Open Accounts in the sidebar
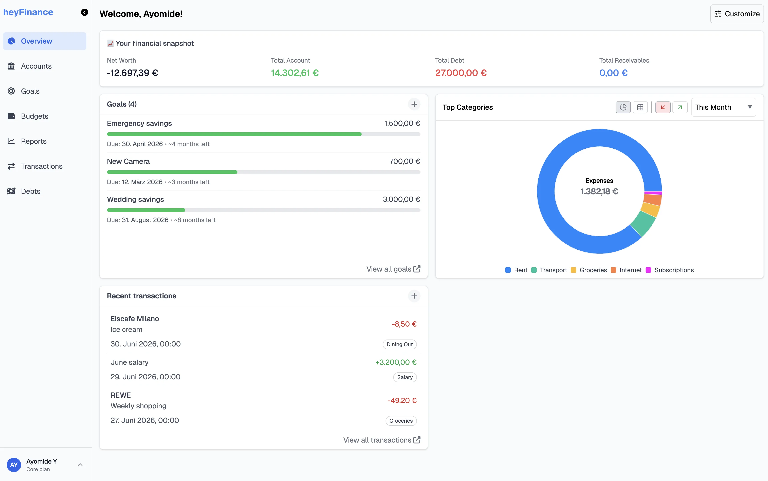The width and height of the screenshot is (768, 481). (x=36, y=66)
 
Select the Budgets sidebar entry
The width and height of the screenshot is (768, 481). (x=34, y=116)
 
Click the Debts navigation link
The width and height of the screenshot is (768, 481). (x=31, y=191)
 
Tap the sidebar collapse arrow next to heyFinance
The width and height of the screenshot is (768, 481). (x=84, y=13)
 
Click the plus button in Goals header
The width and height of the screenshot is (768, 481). (x=414, y=104)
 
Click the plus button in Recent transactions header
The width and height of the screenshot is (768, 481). (x=414, y=296)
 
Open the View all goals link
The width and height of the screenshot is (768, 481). (x=393, y=269)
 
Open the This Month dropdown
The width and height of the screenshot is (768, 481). (x=723, y=108)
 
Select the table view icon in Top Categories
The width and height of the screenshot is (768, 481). (x=640, y=108)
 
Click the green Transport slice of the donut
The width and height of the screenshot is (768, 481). (x=643, y=224)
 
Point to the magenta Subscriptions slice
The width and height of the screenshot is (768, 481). (x=653, y=193)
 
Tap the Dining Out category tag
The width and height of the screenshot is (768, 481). (x=399, y=344)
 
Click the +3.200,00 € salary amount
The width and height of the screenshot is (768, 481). (x=395, y=362)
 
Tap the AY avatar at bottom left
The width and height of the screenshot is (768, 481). (x=14, y=465)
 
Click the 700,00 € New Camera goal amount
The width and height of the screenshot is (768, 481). (x=404, y=161)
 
